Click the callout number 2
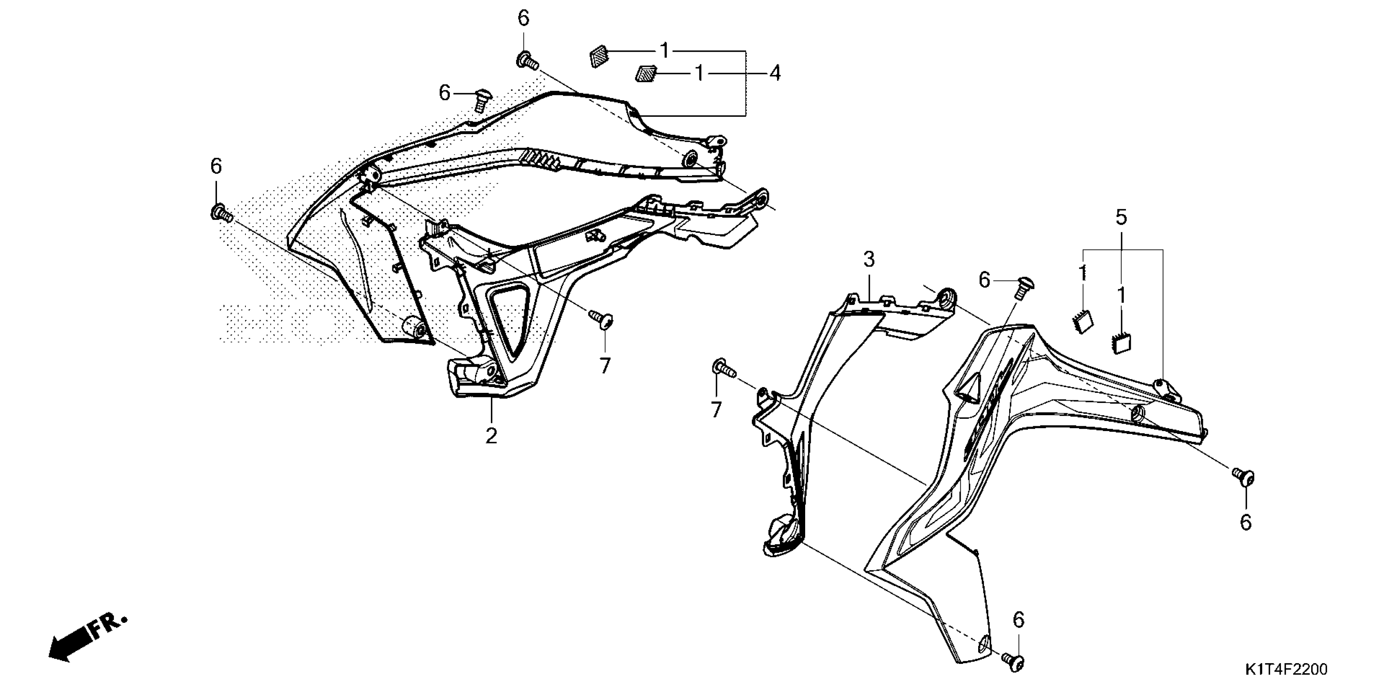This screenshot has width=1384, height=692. coord(491,436)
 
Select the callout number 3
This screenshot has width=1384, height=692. coord(869,260)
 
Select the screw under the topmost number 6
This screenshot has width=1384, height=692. coord(526,61)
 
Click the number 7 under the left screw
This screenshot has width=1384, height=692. coord(605,366)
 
